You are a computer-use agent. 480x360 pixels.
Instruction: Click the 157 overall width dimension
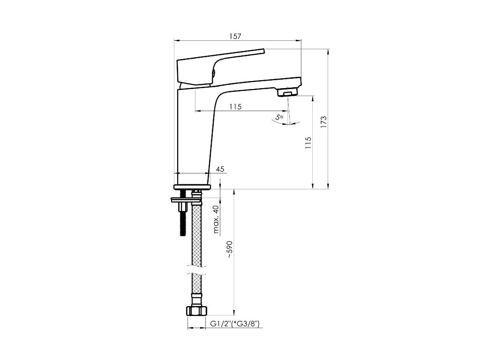pyautogui.click(x=235, y=37)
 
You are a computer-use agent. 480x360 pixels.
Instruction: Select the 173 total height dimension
pyautogui.click(x=323, y=122)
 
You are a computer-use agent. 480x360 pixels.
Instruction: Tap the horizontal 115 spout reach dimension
pyautogui.click(x=235, y=106)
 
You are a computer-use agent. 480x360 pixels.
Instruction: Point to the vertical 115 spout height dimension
pyautogui.click(x=308, y=143)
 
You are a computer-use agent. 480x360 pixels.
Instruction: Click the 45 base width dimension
pyautogui.click(x=220, y=169)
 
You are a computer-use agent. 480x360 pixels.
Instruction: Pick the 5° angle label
pyautogui.click(x=279, y=117)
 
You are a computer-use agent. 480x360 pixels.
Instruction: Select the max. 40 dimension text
pyautogui.click(x=216, y=219)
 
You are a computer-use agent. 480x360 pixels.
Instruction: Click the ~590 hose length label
pyautogui.click(x=230, y=250)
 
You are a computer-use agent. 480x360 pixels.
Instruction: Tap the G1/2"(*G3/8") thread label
pyautogui.click(x=235, y=324)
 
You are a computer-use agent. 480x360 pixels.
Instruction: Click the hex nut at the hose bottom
pyautogui.click(x=196, y=311)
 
